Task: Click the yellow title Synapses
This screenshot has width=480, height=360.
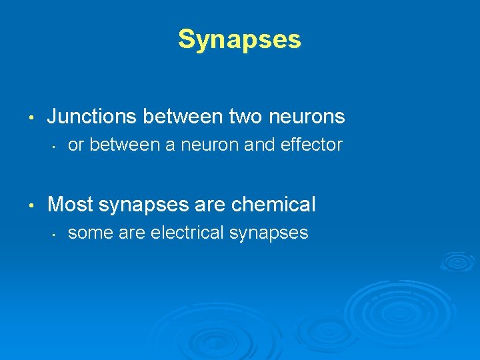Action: tap(239, 40)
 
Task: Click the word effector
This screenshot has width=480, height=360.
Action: tap(313, 145)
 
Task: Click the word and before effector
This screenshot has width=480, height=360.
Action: tap(259, 145)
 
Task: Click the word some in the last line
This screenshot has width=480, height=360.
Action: tap(87, 232)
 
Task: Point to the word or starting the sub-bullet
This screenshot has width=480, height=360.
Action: tap(76, 145)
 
